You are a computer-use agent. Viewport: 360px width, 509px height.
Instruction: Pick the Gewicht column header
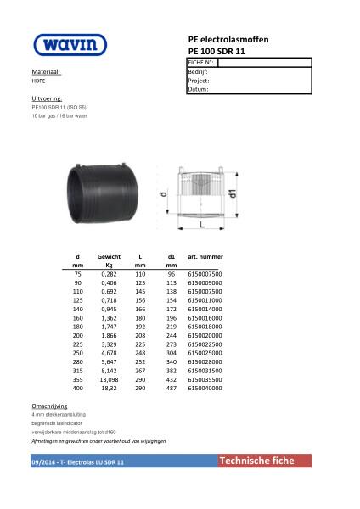coord(109,256)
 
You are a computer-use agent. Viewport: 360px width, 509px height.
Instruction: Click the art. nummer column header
coord(205,256)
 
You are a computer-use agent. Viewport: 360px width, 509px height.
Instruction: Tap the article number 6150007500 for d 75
coord(205,275)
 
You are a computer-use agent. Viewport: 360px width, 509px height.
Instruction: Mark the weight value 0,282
coord(109,275)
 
